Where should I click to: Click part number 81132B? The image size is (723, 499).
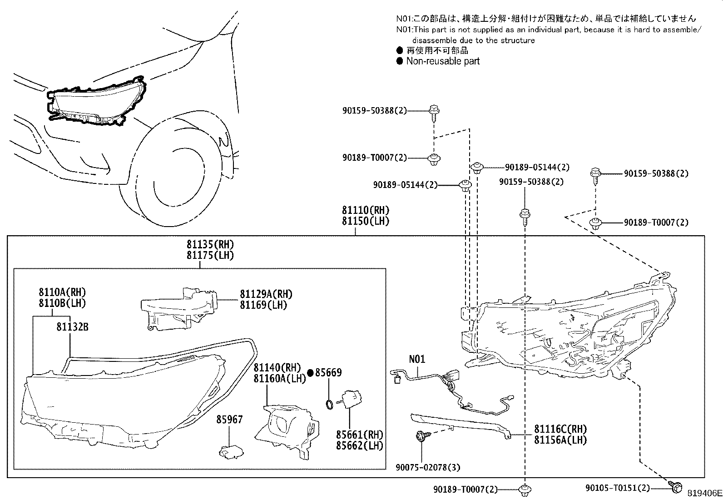pyautogui.click(x=72, y=326)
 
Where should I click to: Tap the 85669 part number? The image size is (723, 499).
pyautogui.click(x=329, y=373)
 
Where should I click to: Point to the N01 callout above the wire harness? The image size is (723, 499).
pyautogui.click(x=417, y=359)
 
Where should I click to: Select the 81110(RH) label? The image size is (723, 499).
pyautogui.click(x=366, y=210)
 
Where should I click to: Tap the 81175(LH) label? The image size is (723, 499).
pyautogui.click(x=210, y=255)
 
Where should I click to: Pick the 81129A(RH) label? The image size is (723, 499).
pyautogui.click(x=266, y=294)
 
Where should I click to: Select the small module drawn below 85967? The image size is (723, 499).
pyautogui.click(x=230, y=451)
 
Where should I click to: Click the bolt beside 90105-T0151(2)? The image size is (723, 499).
pyautogui.click(x=674, y=487)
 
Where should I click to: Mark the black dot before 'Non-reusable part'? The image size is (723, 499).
pyautogui.click(x=400, y=61)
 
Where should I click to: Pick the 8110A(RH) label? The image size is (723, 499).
pyautogui.click(x=62, y=292)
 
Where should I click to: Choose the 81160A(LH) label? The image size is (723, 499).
pyautogui.click(x=280, y=378)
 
